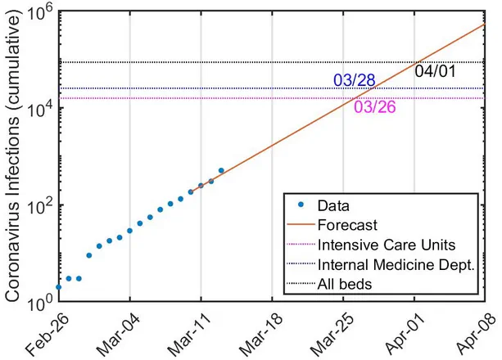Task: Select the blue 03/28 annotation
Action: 354,80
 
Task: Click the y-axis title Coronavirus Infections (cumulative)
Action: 14,155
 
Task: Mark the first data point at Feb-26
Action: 58,287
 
